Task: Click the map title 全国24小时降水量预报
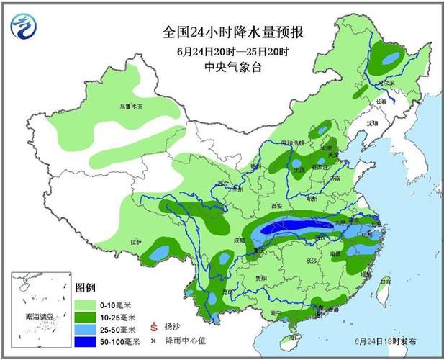(233, 32)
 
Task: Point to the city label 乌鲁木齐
(131, 107)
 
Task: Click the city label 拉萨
(138, 240)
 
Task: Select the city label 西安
(277, 206)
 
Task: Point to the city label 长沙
(312, 261)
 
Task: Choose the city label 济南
(332, 177)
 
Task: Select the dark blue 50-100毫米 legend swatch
(85, 341)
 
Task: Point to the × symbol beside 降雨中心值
(153, 341)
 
